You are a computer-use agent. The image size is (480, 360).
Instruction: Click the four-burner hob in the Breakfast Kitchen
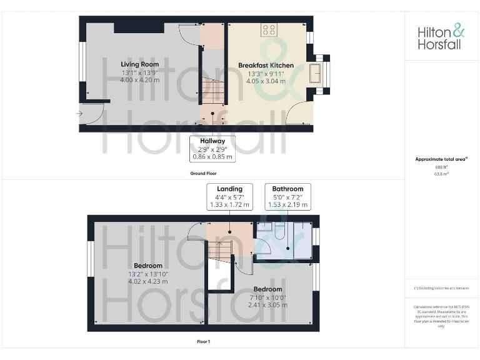(x=269, y=29)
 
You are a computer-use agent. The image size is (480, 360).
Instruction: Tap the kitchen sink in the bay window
(x=316, y=74)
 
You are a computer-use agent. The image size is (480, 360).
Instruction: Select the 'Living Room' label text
(x=140, y=64)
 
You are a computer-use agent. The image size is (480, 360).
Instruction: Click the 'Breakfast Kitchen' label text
(x=266, y=65)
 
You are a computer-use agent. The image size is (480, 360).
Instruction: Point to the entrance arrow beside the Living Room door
(x=79, y=114)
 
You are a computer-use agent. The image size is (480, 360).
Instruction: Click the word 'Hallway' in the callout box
(x=212, y=141)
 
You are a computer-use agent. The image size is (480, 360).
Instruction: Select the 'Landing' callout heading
(x=229, y=189)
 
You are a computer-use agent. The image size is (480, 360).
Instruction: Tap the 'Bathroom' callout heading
(x=287, y=189)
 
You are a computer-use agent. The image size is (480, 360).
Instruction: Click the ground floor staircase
(x=212, y=94)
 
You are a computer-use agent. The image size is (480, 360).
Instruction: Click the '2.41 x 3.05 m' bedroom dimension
(x=266, y=305)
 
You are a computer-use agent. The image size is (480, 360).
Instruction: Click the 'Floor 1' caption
(x=204, y=342)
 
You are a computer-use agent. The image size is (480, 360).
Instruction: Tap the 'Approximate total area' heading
(x=441, y=159)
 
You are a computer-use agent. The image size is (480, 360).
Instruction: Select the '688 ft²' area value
(x=441, y=167)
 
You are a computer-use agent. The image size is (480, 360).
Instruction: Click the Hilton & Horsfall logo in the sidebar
(x=441, y=37)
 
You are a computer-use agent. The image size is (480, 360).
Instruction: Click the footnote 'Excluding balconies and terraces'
(x=441, y=287)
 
